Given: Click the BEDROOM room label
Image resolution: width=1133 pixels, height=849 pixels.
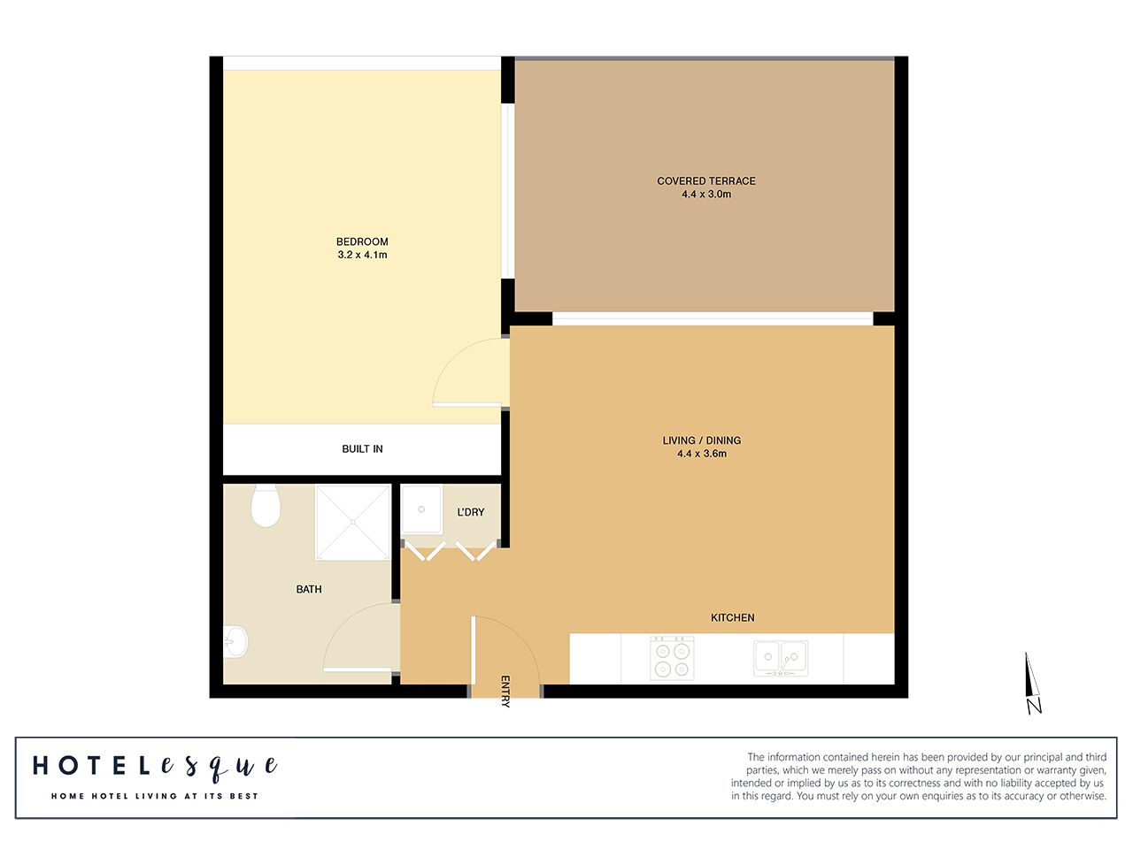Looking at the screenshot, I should click(362, 241).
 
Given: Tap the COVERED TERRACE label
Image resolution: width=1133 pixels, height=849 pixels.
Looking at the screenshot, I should click(705, 181).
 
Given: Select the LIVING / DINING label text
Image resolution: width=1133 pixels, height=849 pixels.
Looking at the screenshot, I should click(701, 440).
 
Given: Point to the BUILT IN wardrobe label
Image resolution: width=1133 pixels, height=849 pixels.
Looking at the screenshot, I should click(362, 449).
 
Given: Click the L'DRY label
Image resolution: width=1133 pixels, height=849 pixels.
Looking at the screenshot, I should click(470, 512).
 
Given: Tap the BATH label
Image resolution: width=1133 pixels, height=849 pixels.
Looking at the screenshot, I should click(309, 589).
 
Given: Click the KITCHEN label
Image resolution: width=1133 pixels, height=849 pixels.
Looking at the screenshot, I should click(732, 617).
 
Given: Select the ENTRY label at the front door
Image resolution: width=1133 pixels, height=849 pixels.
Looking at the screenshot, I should click(505, 691).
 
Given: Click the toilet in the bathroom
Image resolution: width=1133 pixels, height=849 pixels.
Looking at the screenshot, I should click(266, 505).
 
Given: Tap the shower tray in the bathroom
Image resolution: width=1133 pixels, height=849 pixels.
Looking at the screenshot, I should click(353, 522).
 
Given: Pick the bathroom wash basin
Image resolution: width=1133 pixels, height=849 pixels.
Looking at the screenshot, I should click(235, 642).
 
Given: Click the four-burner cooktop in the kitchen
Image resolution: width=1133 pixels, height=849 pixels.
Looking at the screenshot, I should click(672, 658).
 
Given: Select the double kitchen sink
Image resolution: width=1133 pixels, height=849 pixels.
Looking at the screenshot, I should click(780, 658).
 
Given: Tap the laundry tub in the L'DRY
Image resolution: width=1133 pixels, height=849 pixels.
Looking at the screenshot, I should click(423, 509).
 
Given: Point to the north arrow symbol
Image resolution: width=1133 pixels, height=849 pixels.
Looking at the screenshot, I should click(1032, 683).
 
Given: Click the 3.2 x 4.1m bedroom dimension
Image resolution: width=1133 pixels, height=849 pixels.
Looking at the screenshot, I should click(362, 255).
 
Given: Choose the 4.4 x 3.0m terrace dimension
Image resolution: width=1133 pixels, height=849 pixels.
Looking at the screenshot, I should click(705, 195).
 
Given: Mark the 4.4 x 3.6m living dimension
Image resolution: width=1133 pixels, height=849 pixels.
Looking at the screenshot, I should click(701, 454).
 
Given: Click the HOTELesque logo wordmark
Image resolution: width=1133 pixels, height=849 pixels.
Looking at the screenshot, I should click(155, 767).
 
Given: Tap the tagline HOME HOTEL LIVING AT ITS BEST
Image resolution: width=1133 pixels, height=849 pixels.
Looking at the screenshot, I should click(155, 796).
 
